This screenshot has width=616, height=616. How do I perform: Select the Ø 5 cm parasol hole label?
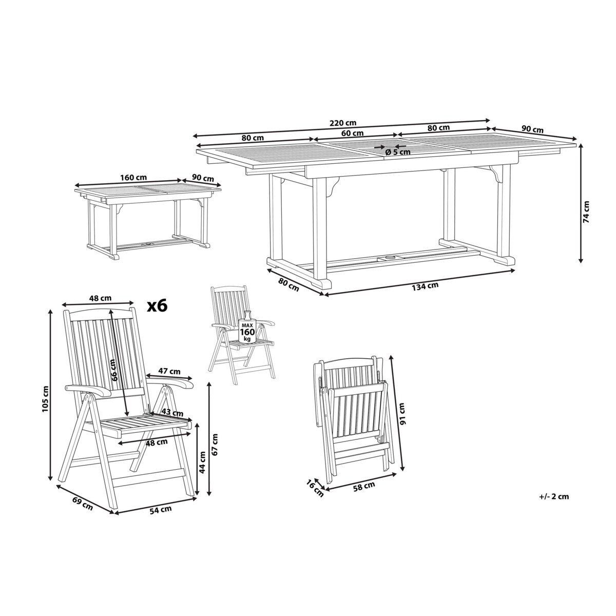[398, 152]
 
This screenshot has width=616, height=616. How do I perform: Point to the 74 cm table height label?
[586, 211]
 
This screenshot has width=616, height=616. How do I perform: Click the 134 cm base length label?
[425, 286]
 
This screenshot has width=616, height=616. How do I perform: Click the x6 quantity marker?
[157, 305]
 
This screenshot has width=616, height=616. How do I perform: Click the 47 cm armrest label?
[169, 371]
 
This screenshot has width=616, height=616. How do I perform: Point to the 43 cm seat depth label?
[172, 412]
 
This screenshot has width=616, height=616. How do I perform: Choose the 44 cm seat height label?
[202, 463]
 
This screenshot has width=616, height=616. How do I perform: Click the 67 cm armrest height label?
[215, 445]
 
